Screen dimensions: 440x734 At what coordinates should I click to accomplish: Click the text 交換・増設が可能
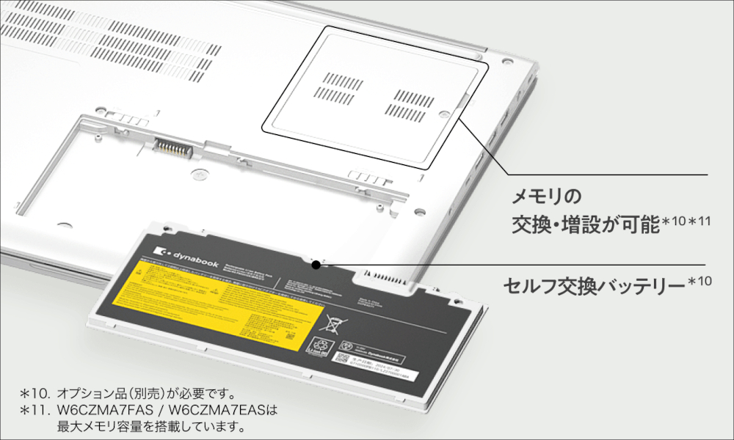click(x=585, y=224)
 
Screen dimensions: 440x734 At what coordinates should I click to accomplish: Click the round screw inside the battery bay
click(x=196, y=175)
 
